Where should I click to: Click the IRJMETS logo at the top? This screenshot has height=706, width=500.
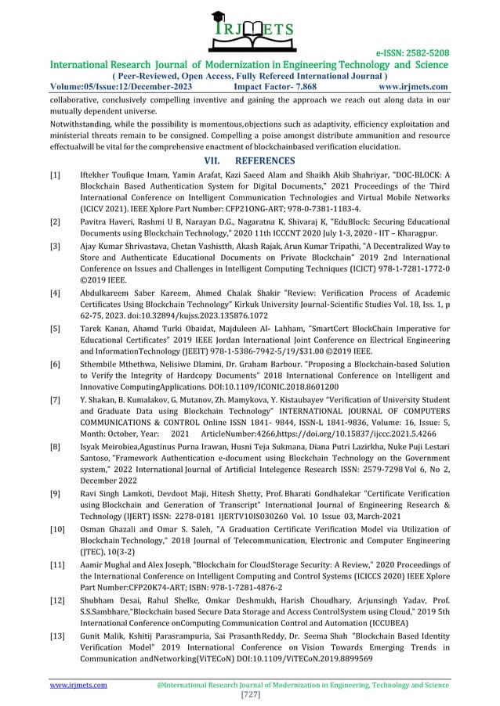click(x=250, y=32)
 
